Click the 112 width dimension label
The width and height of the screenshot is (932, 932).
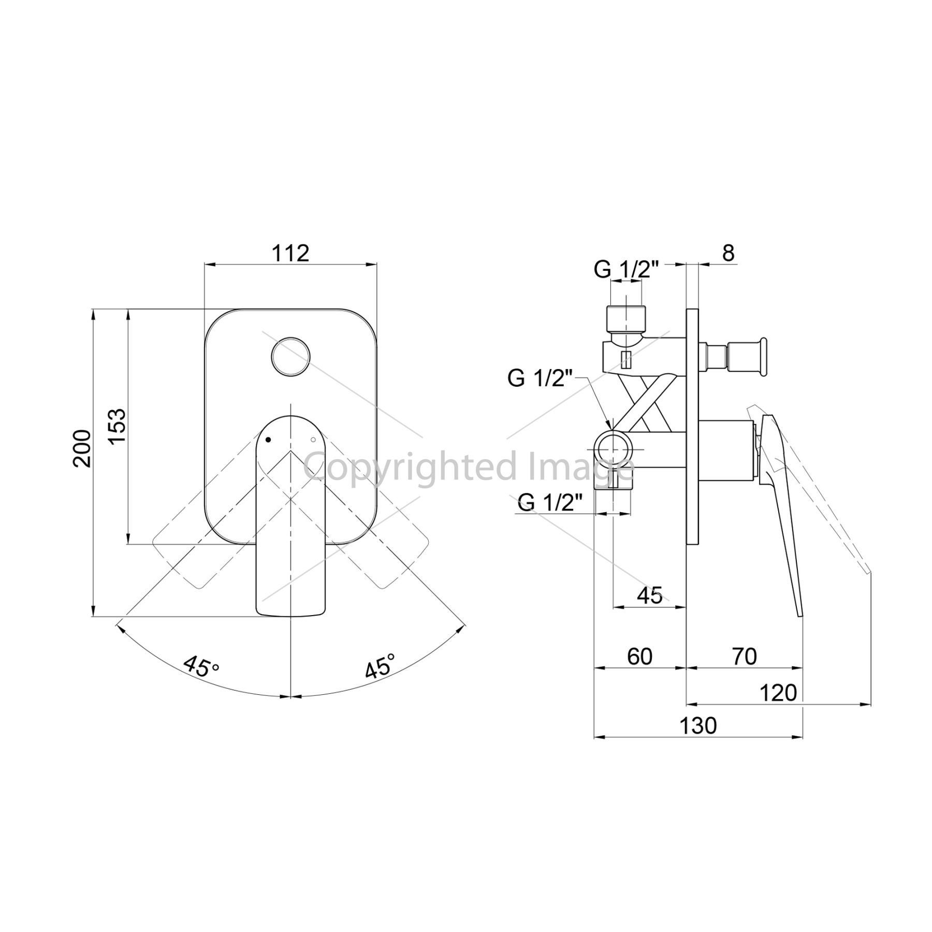[290, 253]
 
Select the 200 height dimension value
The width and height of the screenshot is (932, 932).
[82, 448]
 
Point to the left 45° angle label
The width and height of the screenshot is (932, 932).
[201, 668]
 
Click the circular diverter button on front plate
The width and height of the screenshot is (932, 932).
[291, 356]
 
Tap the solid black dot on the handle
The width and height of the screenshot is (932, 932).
[268, 440]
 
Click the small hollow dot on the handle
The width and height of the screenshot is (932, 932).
[313, 440]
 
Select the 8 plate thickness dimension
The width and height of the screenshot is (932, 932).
[728, 253]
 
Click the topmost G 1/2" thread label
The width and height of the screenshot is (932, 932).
[626, 269]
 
